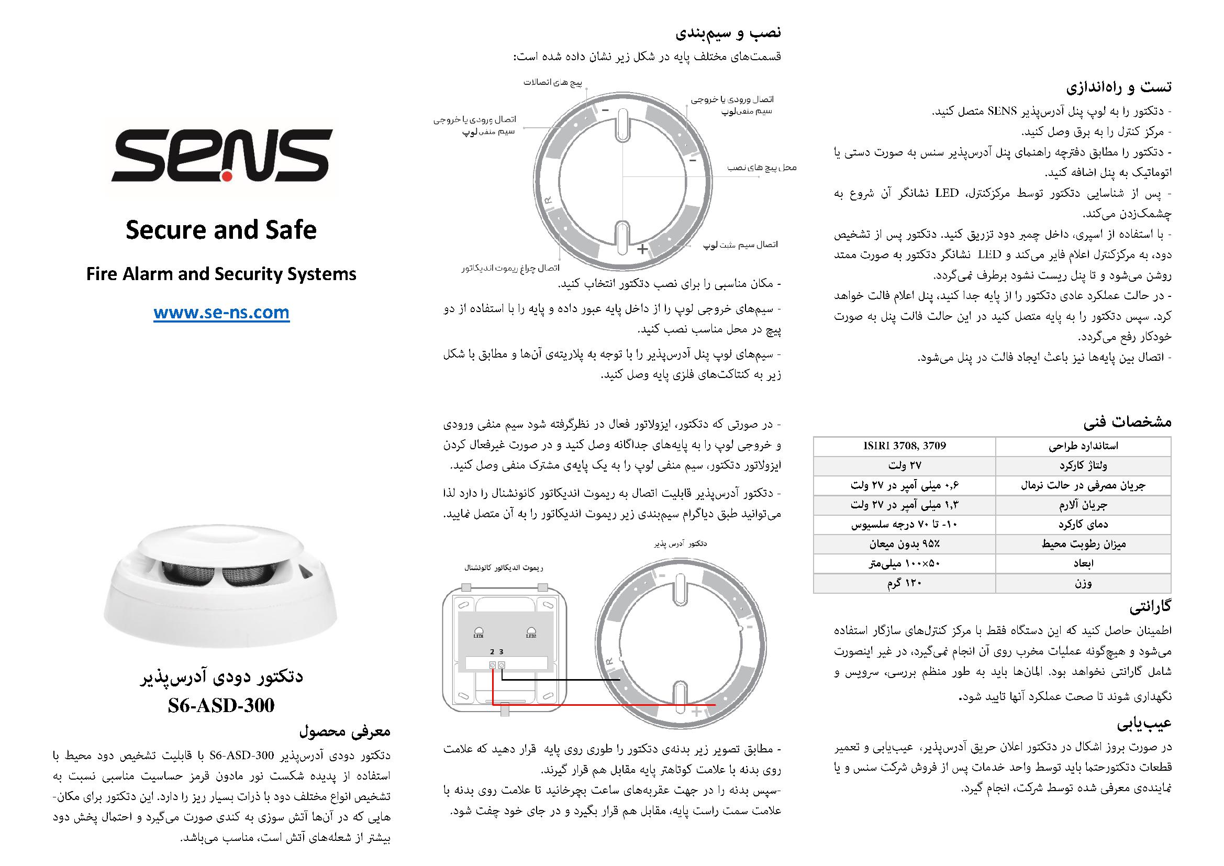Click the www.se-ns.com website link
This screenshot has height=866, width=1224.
click(x=221, y=313)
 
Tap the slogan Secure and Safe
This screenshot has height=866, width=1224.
click(x=221, y=230)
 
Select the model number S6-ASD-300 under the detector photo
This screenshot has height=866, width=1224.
click(x=221, y=705)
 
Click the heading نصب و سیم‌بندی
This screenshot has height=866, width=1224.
click(x=728, y=32)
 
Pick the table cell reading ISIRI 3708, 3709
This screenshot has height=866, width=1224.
click(x=904, y=446)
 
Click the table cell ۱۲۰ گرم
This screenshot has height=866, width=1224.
click(x=904, y=583)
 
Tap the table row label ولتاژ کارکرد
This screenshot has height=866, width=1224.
click(x=1083, y=465)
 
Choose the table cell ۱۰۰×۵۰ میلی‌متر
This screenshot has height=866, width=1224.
click(x=904, y=564)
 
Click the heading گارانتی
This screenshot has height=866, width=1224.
click(x=1150, y=606)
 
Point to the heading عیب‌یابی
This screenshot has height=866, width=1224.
click(x=1143, y=724)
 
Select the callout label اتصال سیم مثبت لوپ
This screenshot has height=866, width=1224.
click(x=740, y=245)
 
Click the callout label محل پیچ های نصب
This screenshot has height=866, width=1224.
click(x=762, y=168)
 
